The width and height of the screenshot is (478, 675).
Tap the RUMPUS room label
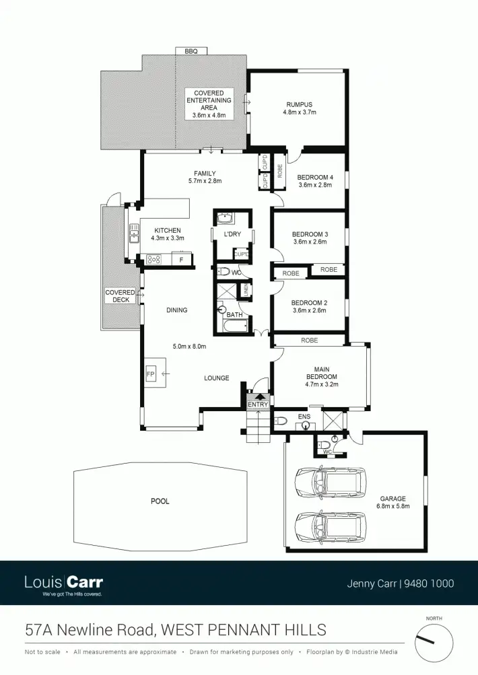[x=299, y=104]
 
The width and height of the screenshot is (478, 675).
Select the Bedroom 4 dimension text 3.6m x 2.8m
[x=314, y=185]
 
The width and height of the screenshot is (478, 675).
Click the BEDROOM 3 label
[x=309, y=234]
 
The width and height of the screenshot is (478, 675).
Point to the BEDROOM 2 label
[x=309, y=303]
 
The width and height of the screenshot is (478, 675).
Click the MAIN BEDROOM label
[x=321, y=372]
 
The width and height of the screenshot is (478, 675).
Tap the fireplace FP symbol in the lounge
[x=151, y=374]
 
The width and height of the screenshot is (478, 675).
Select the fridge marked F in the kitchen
[x=181, y=258]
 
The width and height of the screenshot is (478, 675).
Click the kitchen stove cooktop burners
[x=153, y=258]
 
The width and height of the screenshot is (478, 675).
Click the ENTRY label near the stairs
[x=257, y=404]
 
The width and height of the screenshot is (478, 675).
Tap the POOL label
[x=160, y=501]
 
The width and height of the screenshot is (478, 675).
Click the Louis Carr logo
[x=63, y=583]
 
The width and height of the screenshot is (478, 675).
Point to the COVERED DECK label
[x=120, y=296]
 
